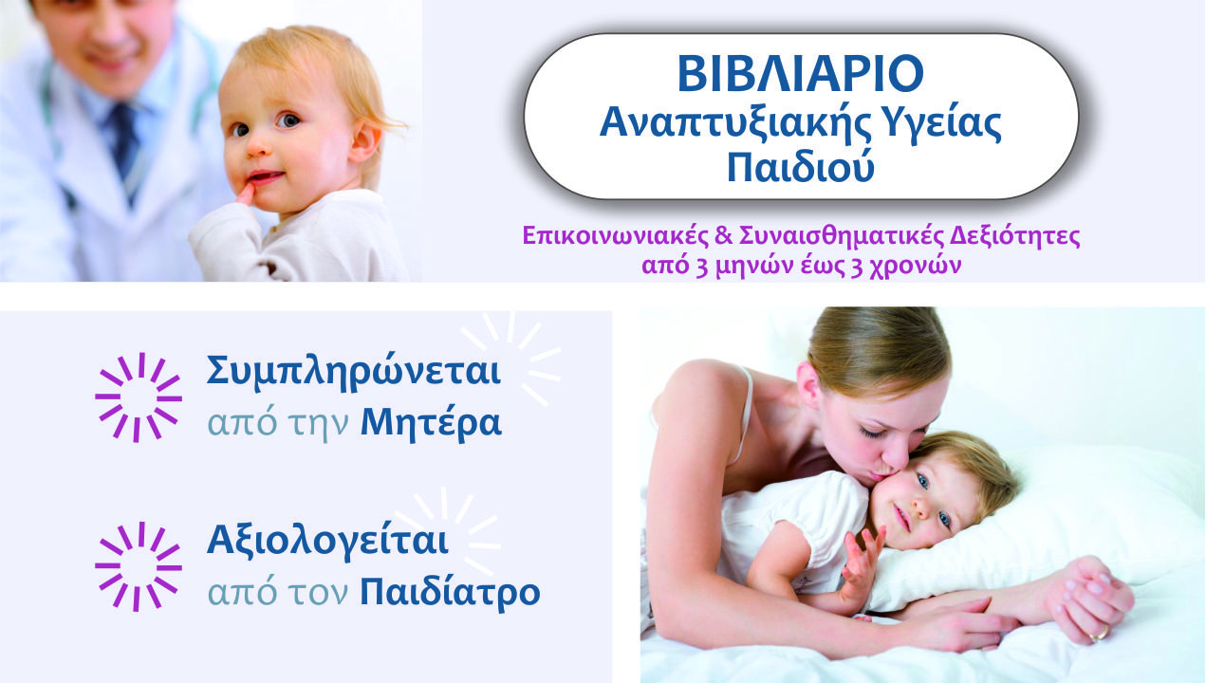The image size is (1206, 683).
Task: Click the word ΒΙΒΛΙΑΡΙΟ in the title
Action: (801, 73)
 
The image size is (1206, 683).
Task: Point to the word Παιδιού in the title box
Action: (801, 167)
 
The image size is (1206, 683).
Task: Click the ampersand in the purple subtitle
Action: (725, 236)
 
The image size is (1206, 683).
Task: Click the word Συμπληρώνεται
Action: (354, 373)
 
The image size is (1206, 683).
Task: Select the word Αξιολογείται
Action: (328, 541)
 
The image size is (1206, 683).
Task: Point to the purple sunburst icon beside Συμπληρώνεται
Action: (139, 397)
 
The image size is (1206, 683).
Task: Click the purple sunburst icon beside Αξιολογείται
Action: (139, 566)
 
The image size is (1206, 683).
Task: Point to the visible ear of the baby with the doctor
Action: (365, 142)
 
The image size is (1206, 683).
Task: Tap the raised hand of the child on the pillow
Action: (863, 563)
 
